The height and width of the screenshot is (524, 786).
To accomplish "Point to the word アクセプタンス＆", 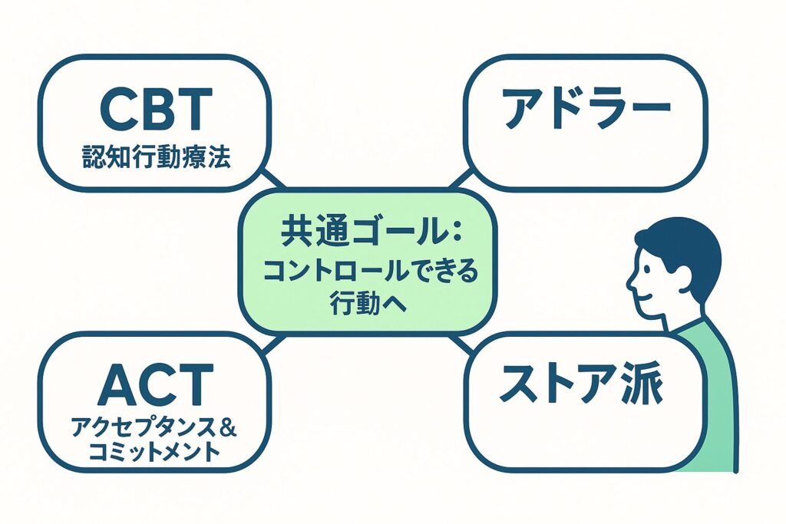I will pos(154,427).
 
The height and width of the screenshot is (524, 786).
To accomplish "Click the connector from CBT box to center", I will pos(270,179).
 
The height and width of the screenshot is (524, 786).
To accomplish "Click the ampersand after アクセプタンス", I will pos(228,427).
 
